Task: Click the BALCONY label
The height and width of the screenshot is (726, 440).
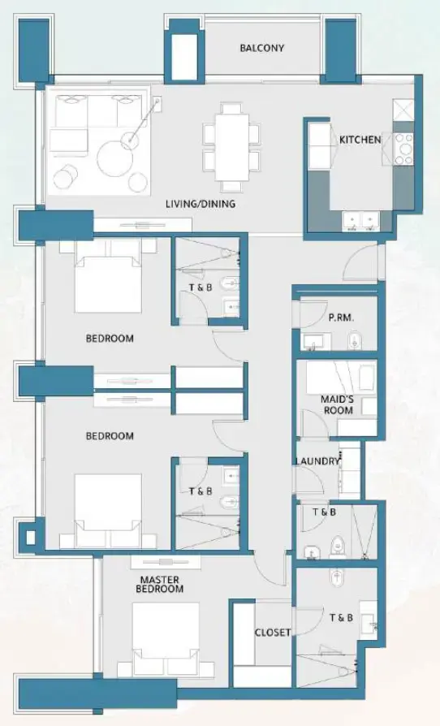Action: (x=261, y=48)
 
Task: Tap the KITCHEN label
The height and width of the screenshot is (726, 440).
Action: (x=360, y=140)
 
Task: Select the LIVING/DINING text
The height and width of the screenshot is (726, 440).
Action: (x=201, y=204)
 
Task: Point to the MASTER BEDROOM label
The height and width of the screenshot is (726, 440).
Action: (x=162, y=584)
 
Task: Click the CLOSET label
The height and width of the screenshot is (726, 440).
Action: (x=273, y=633)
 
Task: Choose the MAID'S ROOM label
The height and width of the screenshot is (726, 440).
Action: (x=338, y=404)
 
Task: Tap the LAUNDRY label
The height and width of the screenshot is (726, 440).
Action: (x=317, y=461)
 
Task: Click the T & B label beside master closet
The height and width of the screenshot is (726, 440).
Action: (x=341, y=618)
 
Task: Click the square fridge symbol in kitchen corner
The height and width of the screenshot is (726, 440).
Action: (x=403, y=110)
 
